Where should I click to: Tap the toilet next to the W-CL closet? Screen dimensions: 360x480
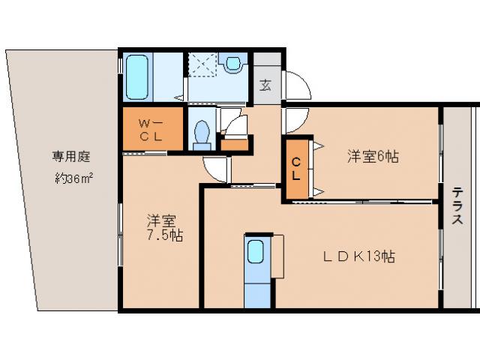[200, 133]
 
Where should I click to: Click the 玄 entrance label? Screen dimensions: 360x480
[265, 84]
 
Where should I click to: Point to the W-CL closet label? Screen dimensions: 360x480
[152, 129]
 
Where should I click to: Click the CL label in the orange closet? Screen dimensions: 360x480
[296, 169]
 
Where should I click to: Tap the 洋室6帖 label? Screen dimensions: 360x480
[372, 157]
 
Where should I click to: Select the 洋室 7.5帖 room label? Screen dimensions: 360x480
[163, 228]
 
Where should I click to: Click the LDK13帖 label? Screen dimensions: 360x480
[359, 256]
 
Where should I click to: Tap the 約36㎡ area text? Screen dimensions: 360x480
[73, 178]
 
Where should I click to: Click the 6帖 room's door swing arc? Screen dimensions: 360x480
[295, 119]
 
